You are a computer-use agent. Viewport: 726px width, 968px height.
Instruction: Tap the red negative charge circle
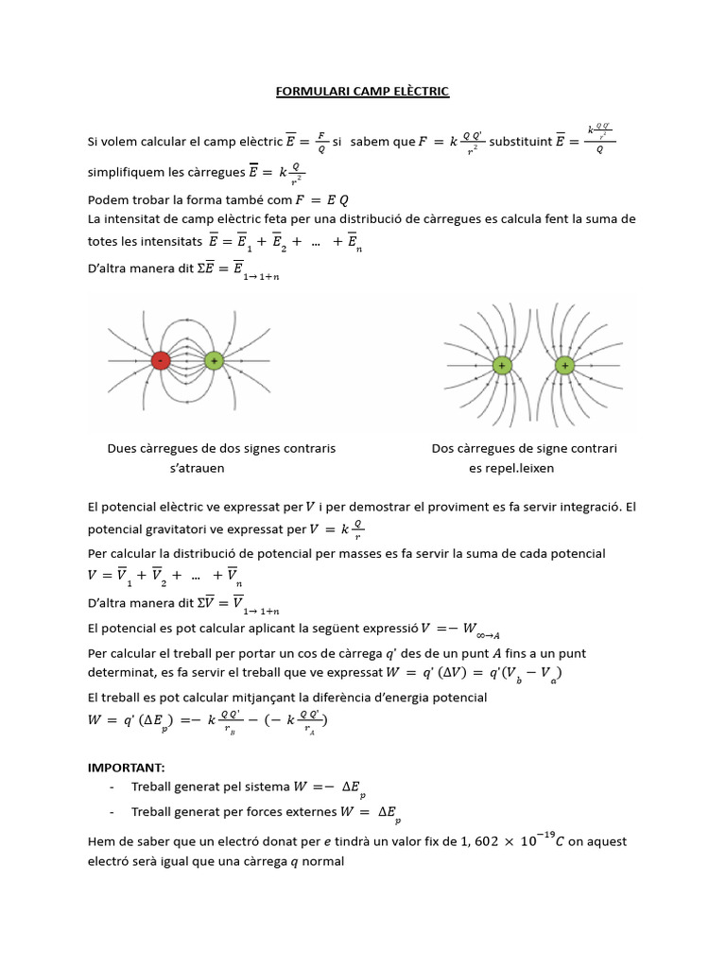[162, 361]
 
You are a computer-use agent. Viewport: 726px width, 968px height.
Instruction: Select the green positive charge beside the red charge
[214, 361]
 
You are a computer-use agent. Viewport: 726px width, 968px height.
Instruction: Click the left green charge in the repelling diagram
[501, 364]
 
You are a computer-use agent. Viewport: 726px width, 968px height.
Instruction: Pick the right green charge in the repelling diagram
[565, 364]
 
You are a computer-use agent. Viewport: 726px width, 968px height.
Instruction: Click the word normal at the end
[322, 861]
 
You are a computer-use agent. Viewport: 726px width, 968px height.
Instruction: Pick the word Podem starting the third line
[108, 200]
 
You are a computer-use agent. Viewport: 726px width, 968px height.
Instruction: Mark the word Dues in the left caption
[123, 448]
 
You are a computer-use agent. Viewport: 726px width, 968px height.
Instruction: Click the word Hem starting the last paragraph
[100, 841]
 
